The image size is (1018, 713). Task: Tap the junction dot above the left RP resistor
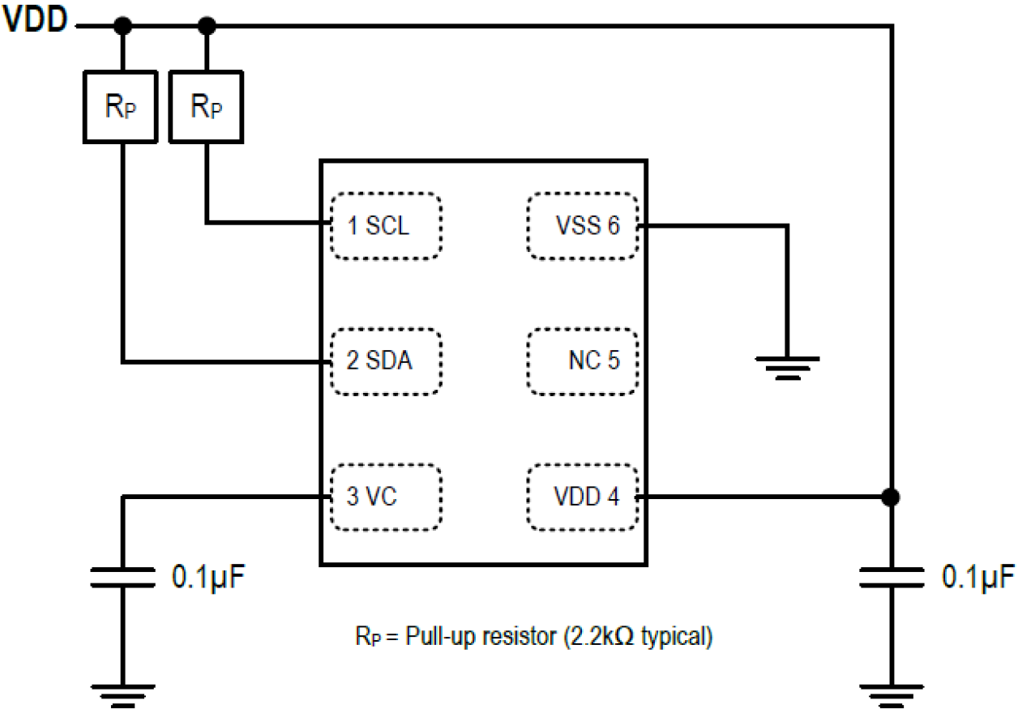pyautogui.click(x=122, y=27)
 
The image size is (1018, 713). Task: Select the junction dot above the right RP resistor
pyautogui.click(x=207, y=27)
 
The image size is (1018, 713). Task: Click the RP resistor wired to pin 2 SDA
pyautogui.click(x=122, y=107)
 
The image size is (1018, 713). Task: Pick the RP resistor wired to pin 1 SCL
pyautogui.click(x=207, y=107)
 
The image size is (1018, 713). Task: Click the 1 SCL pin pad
pyautogui.click(x=387, y=226)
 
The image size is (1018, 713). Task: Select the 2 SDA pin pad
pyautogui.click(x=387, y=361)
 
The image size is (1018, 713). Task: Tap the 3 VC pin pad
pyautogui.click(x=387, y=497)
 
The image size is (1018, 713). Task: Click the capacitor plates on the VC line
pyautogui.click(x=122, y=577)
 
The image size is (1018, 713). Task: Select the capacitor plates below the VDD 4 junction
pyautogui.click(x=892, y=577)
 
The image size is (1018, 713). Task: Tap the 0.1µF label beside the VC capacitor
pyautogui.click(x=207, y=578)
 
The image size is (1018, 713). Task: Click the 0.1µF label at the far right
pyautogui.click(x=977, y=578)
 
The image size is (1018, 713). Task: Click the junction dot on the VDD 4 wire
pyautogui.click(x=892, y=497)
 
